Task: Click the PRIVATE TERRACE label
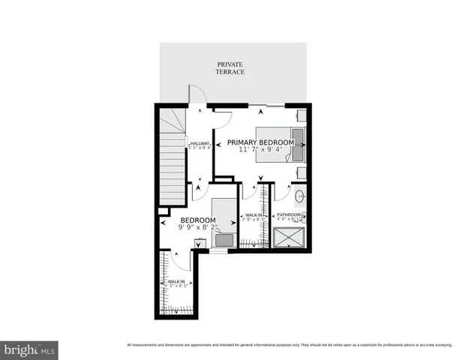(230, 68)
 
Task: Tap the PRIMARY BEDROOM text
(260, 142)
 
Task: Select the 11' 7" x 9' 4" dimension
(260, 150)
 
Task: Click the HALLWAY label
(200, 144)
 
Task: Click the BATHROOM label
(289, 215)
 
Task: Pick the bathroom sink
(299, 197)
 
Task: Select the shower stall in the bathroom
(290, 238)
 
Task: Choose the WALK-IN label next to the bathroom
(253, 216)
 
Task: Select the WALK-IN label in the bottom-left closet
(177, 281)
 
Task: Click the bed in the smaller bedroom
(223, 223)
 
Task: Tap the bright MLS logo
(30, 349)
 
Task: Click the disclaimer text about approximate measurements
(290, 345)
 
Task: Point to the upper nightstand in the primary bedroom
(300, 115)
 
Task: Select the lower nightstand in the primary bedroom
(300, 172)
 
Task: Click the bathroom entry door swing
(281, 191)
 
